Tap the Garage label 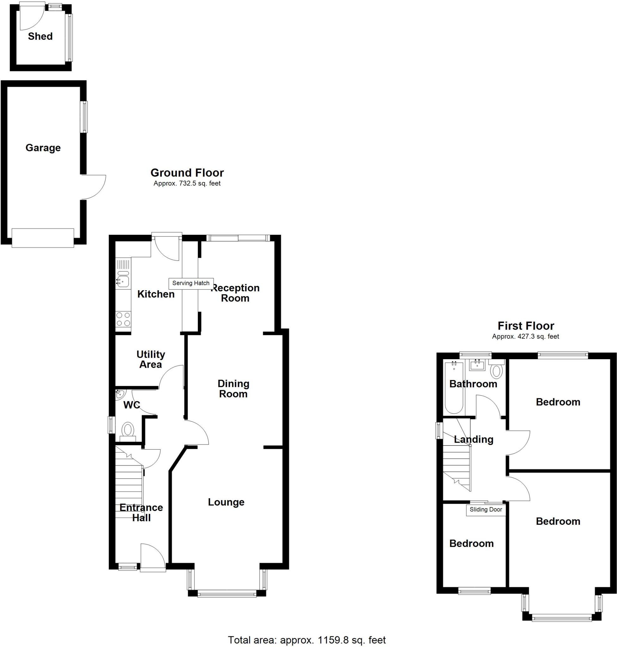43,148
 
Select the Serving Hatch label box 191,283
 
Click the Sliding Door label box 486,510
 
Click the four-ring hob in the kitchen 123,319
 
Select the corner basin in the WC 120,394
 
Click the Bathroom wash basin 477,365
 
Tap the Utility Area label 151,359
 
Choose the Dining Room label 233,389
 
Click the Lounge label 226,502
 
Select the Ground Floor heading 187,173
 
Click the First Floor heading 526,326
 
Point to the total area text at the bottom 307,640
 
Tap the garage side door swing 94,187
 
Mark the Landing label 473,439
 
